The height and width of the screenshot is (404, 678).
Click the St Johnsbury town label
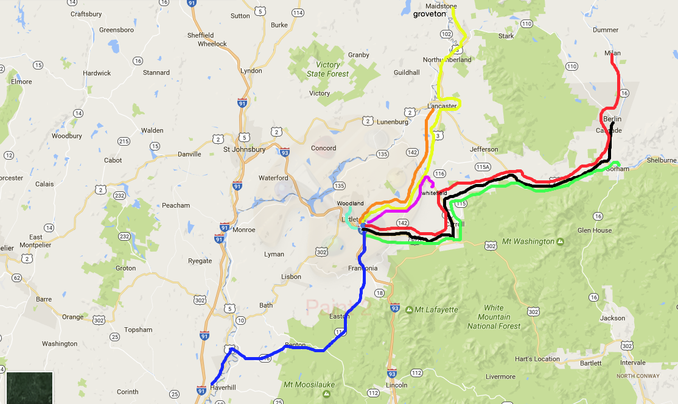pos(244,149)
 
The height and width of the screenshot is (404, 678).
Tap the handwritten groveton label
pos(430,13)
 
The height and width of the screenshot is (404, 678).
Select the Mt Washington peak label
pos(528,241)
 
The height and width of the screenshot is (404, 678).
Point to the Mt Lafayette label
pos(436,310)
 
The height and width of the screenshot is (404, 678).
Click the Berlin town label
pos(612,118)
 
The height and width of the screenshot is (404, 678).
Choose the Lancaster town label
pos(442,106)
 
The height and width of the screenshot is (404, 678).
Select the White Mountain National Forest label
pos(494,317)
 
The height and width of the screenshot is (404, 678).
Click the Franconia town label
pos(363,268)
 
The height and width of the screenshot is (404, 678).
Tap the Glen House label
pos(594,230)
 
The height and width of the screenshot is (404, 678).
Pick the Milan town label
pos(612,53)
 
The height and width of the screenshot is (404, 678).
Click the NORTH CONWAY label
pos(637,376)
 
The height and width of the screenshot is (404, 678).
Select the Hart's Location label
pos(537,359)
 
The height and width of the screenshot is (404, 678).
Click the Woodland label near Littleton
pos(351,203)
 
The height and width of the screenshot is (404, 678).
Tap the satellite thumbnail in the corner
pos(30,388)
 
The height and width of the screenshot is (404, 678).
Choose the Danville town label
pos(189,154)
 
